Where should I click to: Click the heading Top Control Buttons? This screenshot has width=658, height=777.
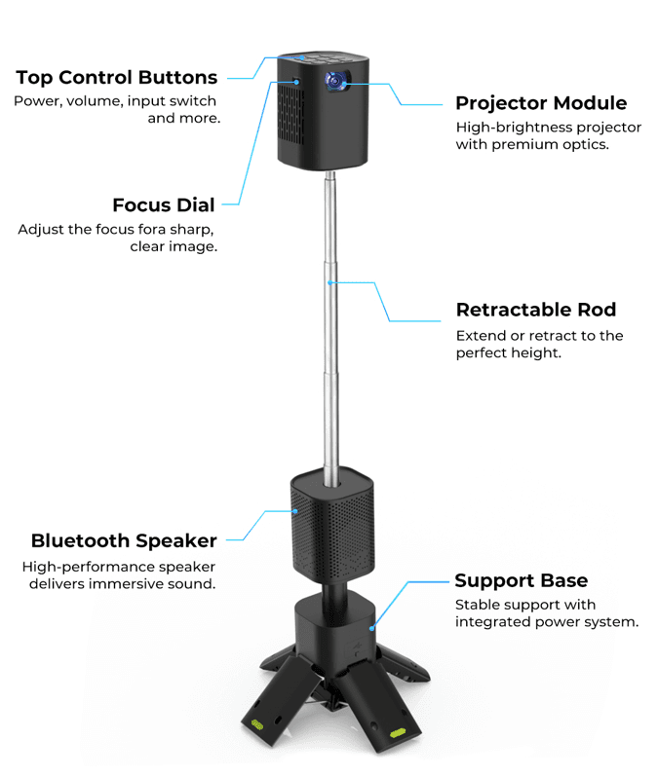pos(117,78)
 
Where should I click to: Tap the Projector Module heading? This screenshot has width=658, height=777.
pos(541,103)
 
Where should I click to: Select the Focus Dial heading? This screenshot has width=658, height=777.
pos(164,205)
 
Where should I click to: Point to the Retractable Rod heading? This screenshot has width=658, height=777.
pos(536,310)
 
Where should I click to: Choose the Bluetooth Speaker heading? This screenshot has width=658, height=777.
pos(124,540)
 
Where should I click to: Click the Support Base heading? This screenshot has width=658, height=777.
pos(522,580)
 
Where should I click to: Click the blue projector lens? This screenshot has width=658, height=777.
pos(334,81)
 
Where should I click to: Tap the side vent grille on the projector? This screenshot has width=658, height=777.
pos(291,114)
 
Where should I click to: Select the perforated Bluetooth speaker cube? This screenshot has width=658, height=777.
pos(332,525)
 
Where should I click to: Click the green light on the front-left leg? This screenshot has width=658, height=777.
pos(257,725)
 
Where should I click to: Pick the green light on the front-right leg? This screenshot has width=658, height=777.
pos(398,733)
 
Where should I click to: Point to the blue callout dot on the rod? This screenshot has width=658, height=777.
pos(329,282)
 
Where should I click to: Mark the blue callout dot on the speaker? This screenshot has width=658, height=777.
pos(295,511)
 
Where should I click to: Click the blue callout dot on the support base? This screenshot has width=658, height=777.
pos(371,628)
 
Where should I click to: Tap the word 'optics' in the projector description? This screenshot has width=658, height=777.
pos(586,145)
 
